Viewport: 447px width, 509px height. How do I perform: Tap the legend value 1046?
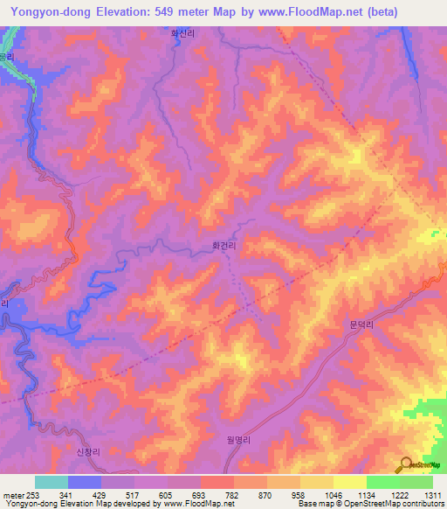click(333, 495)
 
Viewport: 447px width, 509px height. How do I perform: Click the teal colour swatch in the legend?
click(52, 482)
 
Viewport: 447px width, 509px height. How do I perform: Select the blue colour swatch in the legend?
click(85, 482)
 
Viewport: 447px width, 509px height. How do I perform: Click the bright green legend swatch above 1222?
click(383, 482)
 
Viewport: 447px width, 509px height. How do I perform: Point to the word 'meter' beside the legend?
click(13, 495)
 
